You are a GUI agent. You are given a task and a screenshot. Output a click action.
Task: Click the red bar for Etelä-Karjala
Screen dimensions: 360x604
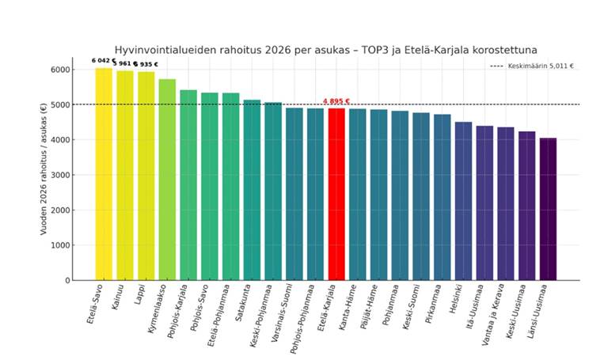coord(336,194)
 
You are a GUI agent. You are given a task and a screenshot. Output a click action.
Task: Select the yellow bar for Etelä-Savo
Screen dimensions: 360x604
coord(104,174)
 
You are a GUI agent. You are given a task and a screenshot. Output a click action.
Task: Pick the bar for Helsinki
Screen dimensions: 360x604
coord(463,201)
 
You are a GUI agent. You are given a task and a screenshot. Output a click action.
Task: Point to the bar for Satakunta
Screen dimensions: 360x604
coord(252,190)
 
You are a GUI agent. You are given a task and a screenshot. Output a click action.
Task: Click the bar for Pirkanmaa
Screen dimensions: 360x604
coord(442,197)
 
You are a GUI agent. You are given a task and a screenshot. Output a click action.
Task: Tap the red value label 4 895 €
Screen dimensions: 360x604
coord(336,101)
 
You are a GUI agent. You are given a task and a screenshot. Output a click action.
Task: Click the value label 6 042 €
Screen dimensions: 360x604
coord(103,60)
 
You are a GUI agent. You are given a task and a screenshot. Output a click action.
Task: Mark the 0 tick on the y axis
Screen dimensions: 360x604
coord(66,280)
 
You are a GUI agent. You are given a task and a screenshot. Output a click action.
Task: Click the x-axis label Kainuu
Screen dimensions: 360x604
coord(120,299)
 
